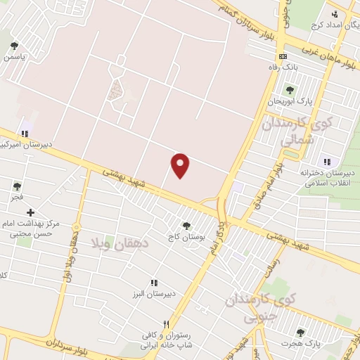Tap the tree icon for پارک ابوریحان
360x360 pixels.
[288, 89]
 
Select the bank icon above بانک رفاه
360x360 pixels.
[283, 56]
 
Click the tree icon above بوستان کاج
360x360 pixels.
[186, 226]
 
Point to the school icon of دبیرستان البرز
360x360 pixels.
[153, 282]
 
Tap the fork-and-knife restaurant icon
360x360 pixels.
[166, 325]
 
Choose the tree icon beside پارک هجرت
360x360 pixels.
[300, 333]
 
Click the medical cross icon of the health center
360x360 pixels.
[30, 212]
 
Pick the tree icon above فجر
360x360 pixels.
[16, 186]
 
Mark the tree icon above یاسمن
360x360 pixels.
[14, 46]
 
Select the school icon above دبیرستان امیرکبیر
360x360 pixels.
[26, 134]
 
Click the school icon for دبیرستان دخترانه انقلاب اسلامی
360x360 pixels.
[325, 162]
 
